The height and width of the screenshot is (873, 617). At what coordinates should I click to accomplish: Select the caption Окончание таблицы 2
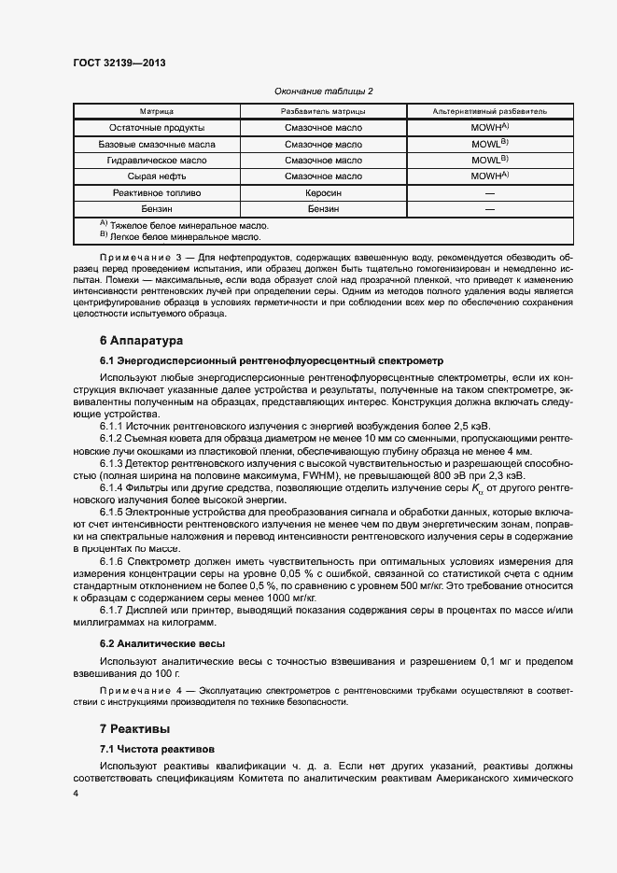(x=324, y=91)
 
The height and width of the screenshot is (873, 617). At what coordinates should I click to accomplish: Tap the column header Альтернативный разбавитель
(x=490, y=111)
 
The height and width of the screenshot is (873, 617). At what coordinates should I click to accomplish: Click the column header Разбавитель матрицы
(x=323, y=111)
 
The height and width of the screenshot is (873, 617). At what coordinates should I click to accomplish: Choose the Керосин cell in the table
(x=323, y=192)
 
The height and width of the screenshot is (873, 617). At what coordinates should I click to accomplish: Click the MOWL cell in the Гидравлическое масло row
(x=489, y=160)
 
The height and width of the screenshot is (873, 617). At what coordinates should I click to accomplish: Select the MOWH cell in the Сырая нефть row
(x=489, y=176)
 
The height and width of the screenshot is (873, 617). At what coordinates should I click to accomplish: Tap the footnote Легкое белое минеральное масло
(x=172, y=237)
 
